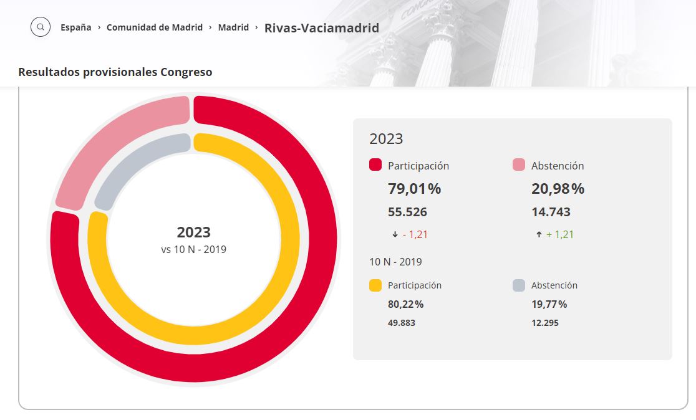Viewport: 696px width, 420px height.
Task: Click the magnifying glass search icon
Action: pyautogui.click(x=41, y=27)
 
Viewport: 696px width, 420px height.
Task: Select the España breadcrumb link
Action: pyautogui.click(x=76, y=27)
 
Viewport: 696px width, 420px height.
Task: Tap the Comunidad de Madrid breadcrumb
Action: pyautogui.click(x=155, y=27)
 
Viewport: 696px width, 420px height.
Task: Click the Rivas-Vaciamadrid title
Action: pyautogui.click(x=322, y=28)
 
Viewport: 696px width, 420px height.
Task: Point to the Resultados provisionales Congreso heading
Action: pyautogui.click(x=115, y=72)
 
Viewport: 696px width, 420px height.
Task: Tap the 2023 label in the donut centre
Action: pyautogui.click(x=193, y=232)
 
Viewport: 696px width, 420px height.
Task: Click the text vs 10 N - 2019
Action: pyautogui.click(x=193, y=249)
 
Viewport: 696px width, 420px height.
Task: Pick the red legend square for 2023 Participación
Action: pyautogui.click(x=375, y=165)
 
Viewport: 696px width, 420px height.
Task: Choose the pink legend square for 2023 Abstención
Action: pyautogui.click(x=519, y=165)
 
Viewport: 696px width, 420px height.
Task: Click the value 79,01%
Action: pyautogui.click(x=415, y=189)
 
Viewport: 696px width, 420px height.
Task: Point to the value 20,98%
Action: pyautogui.click(x=558, y=189)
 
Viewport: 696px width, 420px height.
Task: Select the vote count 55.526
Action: pyautogui.click(x=407, y=212)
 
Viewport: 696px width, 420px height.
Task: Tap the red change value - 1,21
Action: pyautogui.click(x=415, y=235)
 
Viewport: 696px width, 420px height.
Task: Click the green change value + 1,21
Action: pyautogui.click(x=559, y=235)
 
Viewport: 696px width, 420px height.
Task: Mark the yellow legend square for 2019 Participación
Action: pyautogui.click(x=375, y=285)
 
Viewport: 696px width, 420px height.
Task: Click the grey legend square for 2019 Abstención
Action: pyautogui.click(x=519, y=285)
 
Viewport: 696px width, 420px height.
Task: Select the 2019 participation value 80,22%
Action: pyautogui.click(x=406, y=304)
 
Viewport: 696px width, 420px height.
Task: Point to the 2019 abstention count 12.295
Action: pyautogui.click(x=545, y=323)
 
